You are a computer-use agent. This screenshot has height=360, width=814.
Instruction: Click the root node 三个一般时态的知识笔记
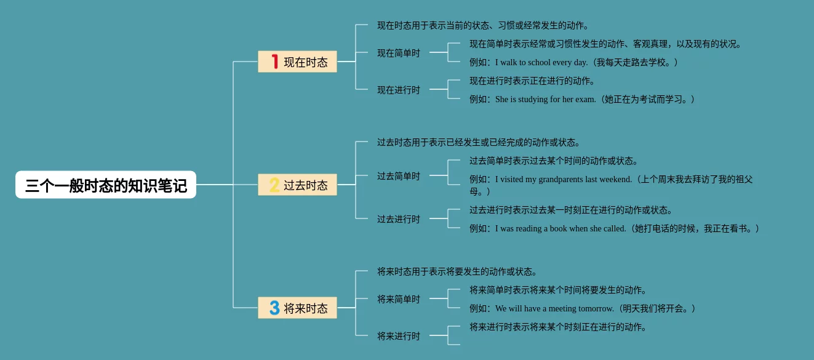(106, 185)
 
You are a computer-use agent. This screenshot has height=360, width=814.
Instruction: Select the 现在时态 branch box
(297, 62)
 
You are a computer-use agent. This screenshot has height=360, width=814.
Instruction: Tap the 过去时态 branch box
(297, 185)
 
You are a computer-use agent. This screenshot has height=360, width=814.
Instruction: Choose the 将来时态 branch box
(297, 308)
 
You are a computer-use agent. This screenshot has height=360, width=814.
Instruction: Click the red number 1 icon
(274, 62)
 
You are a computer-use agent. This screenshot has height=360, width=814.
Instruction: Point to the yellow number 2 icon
(274, 185)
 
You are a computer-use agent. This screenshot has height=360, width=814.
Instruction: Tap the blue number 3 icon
(274, 308)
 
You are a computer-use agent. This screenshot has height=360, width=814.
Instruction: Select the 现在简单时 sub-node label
(399, 53)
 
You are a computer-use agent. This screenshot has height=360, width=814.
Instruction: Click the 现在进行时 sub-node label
(399, 90)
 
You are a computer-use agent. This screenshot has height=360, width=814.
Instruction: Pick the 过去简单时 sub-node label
(399, 176)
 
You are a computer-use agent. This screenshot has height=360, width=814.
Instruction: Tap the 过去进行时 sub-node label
(399, 219)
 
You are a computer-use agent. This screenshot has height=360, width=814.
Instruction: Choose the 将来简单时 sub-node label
(399, 299)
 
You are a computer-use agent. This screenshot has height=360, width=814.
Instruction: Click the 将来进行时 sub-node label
(399, 336)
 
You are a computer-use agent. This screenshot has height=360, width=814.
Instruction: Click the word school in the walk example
(541, 62)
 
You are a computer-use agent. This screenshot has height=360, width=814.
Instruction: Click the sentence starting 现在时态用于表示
(483, 25)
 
